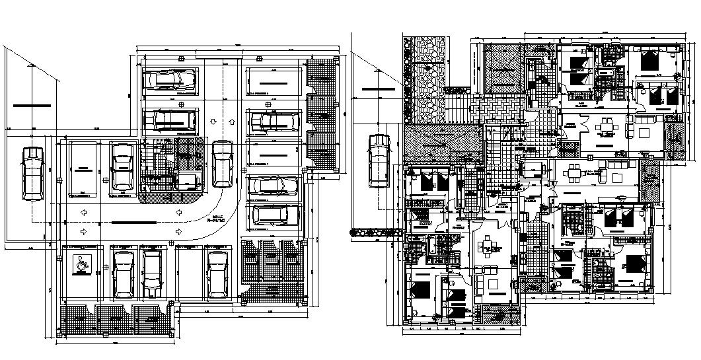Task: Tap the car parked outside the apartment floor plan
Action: (x=379, y=160)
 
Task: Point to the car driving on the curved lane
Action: (x=223, y=161)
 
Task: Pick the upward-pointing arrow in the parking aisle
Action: (x=232, y=122)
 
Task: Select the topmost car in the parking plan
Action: (x=170, y=80)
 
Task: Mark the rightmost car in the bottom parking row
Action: (x=216, y=273)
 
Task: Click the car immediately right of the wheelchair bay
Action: (x=123, y=273)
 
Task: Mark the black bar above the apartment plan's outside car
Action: (x=378, y=88)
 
